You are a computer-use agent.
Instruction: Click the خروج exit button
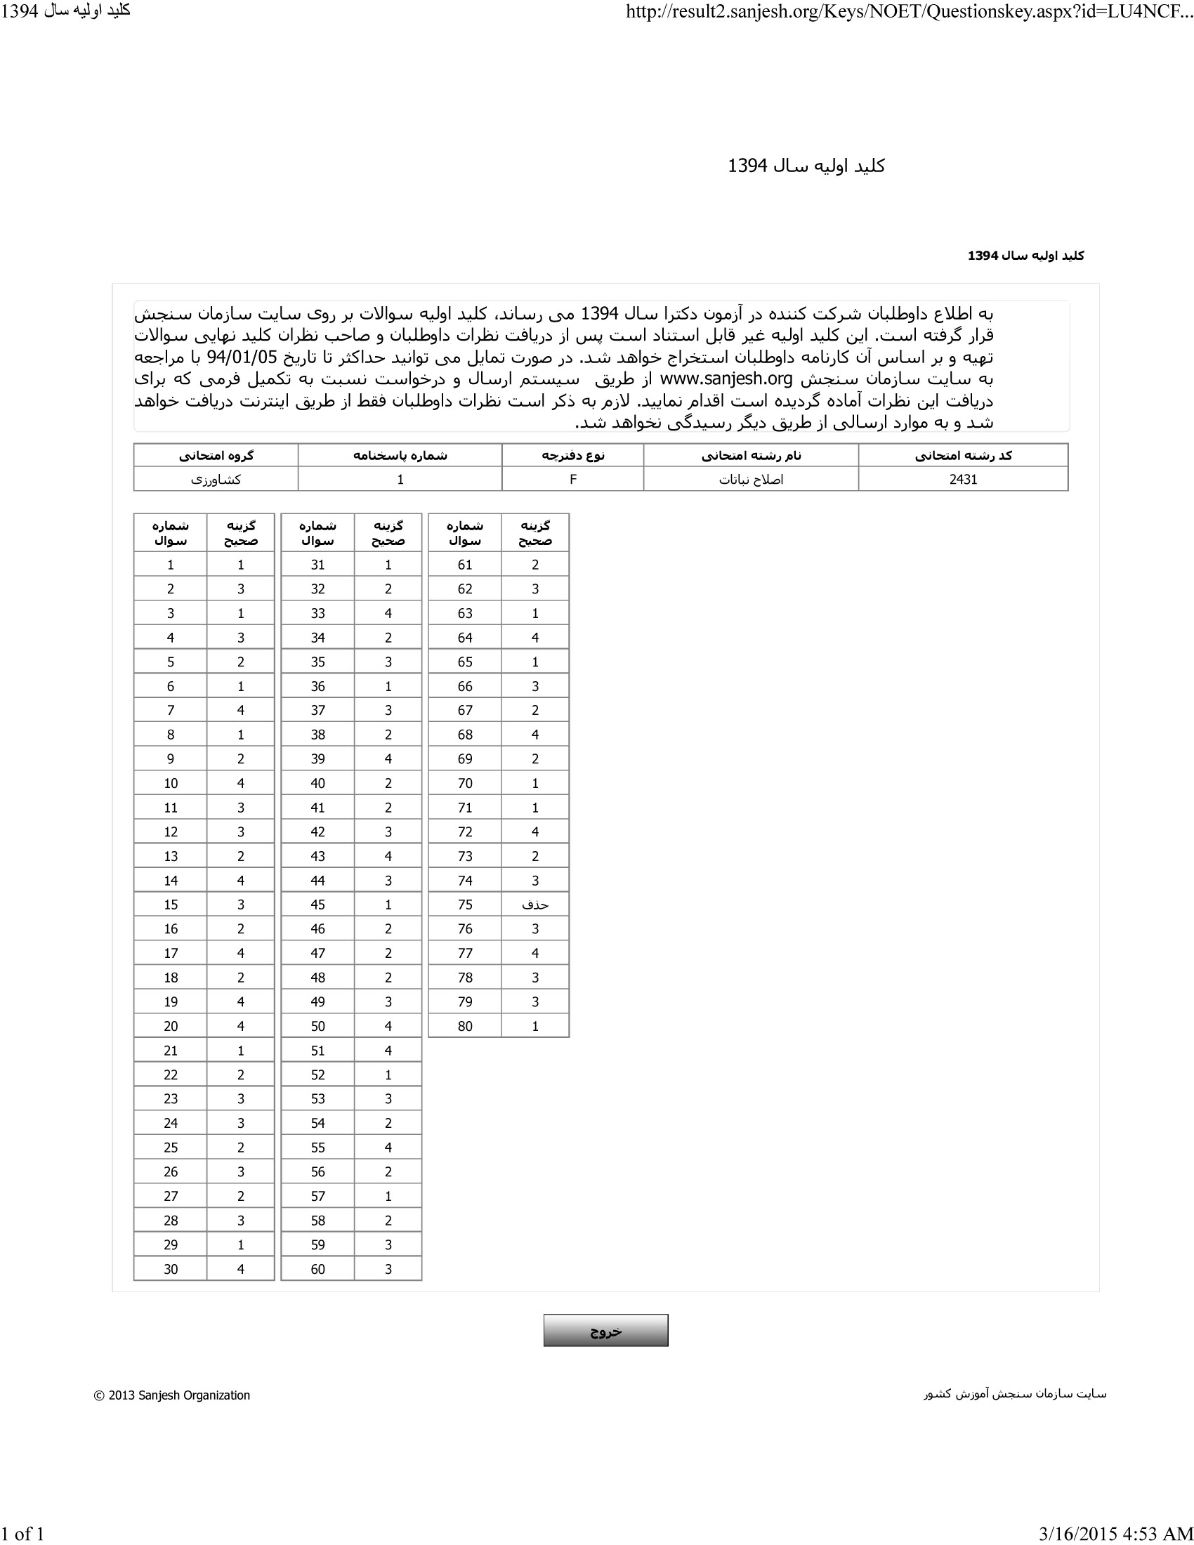[x=605, y=1331]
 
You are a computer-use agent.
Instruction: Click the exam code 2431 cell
[x=963, y=479]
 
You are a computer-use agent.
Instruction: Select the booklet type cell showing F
[x=573, y=479]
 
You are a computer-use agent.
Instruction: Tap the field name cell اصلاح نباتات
[x=751, y=479]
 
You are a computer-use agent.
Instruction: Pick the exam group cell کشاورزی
[x=216, y=479]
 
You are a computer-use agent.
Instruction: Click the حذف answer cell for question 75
[x=534, y=905]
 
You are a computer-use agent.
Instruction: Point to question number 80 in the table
[x=465, y=1026]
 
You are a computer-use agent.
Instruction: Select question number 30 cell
[x=171, y=1269]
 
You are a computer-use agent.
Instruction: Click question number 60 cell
[x=317, y=1269]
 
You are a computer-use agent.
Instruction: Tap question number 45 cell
[x=317, y=905]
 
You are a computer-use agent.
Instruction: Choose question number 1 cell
[x=171, y=565]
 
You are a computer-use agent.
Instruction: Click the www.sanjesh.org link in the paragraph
[x=726, y=379]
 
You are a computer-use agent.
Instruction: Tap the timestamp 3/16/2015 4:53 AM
[x=1115, y=1533]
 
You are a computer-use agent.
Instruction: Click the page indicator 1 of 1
[x=22, y=1533]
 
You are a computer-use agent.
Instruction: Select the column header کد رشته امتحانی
[x=963, y=456]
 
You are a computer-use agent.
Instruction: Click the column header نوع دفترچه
[x=573, y=456]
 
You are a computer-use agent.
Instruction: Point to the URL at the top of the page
[x=909, y=12]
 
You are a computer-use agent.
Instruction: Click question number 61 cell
[x=465, y=565]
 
